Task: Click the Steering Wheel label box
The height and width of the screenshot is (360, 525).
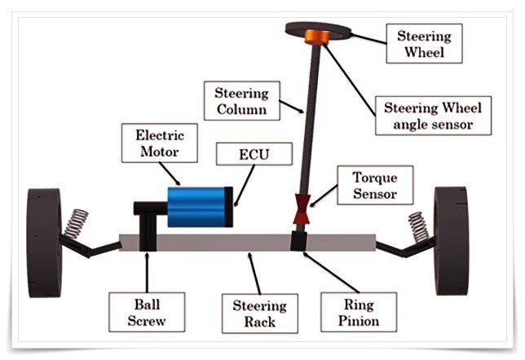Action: [424, 43]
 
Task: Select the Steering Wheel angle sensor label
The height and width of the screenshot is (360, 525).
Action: [433, 116]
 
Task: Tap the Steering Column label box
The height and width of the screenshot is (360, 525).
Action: [242, 101]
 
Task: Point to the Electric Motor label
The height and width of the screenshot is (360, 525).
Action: [160, 143]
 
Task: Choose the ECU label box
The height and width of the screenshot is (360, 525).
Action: [254, 154]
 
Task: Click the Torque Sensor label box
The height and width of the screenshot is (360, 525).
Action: [375, 186]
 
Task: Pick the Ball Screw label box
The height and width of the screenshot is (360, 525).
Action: [147, 313]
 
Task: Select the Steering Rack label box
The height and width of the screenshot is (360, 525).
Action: [260, 314]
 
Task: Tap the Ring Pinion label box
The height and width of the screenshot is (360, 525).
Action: [359, 313]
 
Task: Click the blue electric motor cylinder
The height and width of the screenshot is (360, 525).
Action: [196, 207]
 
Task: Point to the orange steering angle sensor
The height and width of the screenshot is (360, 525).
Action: [317, 37]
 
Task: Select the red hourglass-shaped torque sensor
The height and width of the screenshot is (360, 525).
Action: [302, 209]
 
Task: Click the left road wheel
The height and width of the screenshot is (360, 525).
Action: [45, 244]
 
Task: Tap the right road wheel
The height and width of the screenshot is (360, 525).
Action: [451, 241]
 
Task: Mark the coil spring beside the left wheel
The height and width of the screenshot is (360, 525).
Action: [76, 223]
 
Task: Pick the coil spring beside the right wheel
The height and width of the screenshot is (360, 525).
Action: [418, 227]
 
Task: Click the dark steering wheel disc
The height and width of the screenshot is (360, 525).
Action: [318, 30]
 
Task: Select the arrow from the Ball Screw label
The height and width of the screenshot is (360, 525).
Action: [147, 273]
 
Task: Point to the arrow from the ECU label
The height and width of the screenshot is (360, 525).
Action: [245, 186]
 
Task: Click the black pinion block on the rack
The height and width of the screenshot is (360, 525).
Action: [298, 241]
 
